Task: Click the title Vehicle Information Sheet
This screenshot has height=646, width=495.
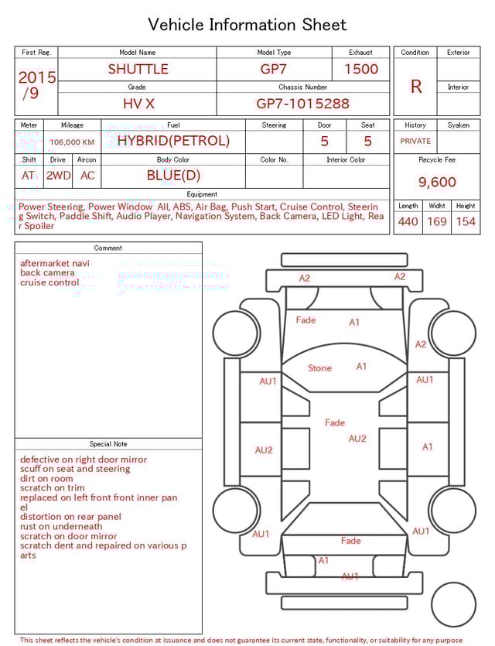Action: (x=247, y=25)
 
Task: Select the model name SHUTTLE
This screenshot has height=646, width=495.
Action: (x=138, y=69)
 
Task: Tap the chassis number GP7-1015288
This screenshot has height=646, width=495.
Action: (x=302, y=104)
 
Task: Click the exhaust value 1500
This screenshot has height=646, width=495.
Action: (x=361, y=69)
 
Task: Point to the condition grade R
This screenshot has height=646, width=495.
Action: (x=416, y=87)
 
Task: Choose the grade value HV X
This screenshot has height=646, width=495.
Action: (x=138, y=104)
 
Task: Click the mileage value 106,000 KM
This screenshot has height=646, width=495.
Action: (x=72, y=142)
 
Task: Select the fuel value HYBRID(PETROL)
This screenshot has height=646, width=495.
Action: (x=173, y=141)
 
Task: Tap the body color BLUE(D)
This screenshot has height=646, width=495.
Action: (x=173, y=176)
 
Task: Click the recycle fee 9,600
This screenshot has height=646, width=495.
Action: (x=437, y=183)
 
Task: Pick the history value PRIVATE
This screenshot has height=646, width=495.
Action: (x=415, y=142)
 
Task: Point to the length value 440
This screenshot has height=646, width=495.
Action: (x=408, y=222)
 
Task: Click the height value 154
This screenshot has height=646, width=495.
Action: (x=466, y=222)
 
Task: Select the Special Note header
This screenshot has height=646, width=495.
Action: (x=108, y=444)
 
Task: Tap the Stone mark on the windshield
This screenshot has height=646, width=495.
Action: (x=319, y=368)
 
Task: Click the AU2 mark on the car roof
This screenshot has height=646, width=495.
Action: (x=357, y=439)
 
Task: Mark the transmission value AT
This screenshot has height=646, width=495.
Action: (x=29, y=176)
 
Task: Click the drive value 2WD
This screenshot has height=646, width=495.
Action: (x=58, y=176)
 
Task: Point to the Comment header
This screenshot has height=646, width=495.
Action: (x=108, y=248)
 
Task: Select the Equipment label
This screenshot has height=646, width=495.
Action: (x=202, y=194)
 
